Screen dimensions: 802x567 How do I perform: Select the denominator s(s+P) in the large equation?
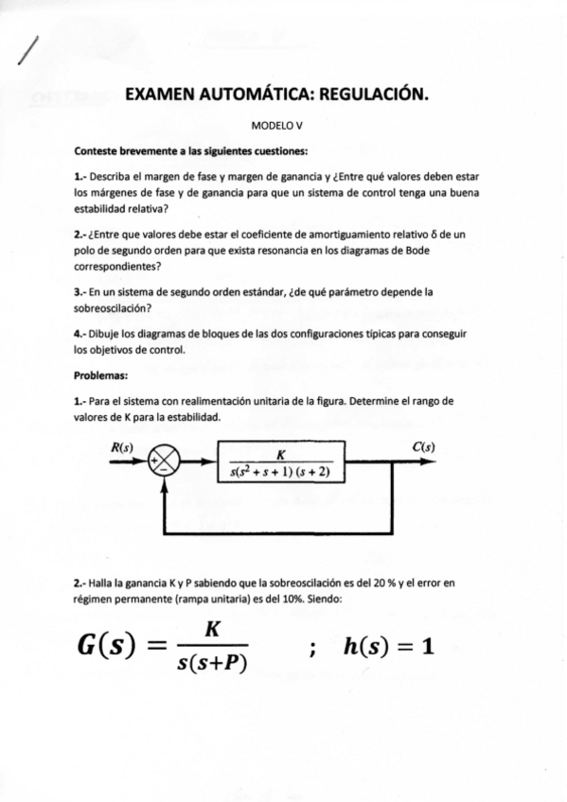(x=211, y=664)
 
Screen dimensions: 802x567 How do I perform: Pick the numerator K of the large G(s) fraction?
(x=212, y=629)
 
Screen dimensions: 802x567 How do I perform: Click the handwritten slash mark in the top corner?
(x=28, y=49)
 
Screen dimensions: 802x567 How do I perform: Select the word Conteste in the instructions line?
(x=97, y=151)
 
